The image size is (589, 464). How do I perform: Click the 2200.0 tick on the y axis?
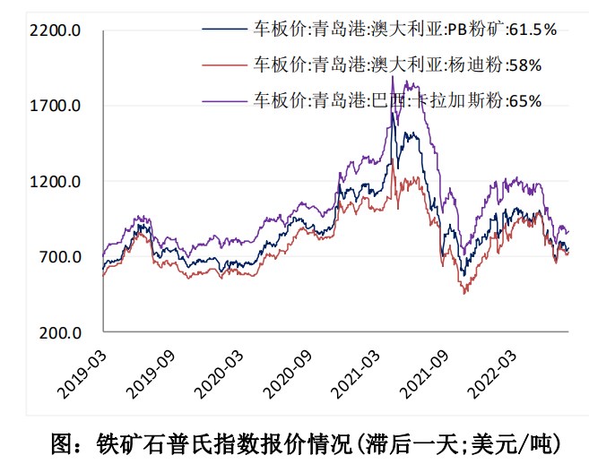55,30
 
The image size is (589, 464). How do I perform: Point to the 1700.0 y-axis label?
55,106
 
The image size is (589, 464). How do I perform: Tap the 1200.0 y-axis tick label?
55,182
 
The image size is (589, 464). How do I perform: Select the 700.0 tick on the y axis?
59,258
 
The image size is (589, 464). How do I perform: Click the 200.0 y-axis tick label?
59,333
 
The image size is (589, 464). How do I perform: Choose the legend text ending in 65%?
397,99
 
